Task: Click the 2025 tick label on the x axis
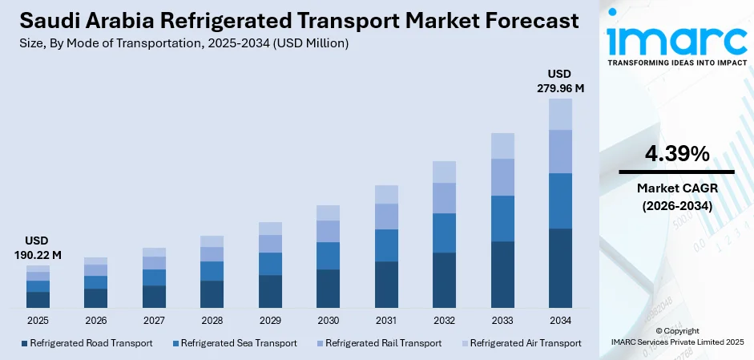(38, 320)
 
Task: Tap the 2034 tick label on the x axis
(560, 320)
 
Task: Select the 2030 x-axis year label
(328, 320)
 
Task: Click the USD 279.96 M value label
(560, 81)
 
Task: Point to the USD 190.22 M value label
(38, 248)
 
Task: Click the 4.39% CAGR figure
(676, 154)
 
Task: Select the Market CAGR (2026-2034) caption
(676, 196)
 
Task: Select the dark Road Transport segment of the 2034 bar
(560, 268)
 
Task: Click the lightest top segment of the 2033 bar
(502, 146)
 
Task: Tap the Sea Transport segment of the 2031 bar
(386, 245)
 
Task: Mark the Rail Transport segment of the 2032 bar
(444, 198)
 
